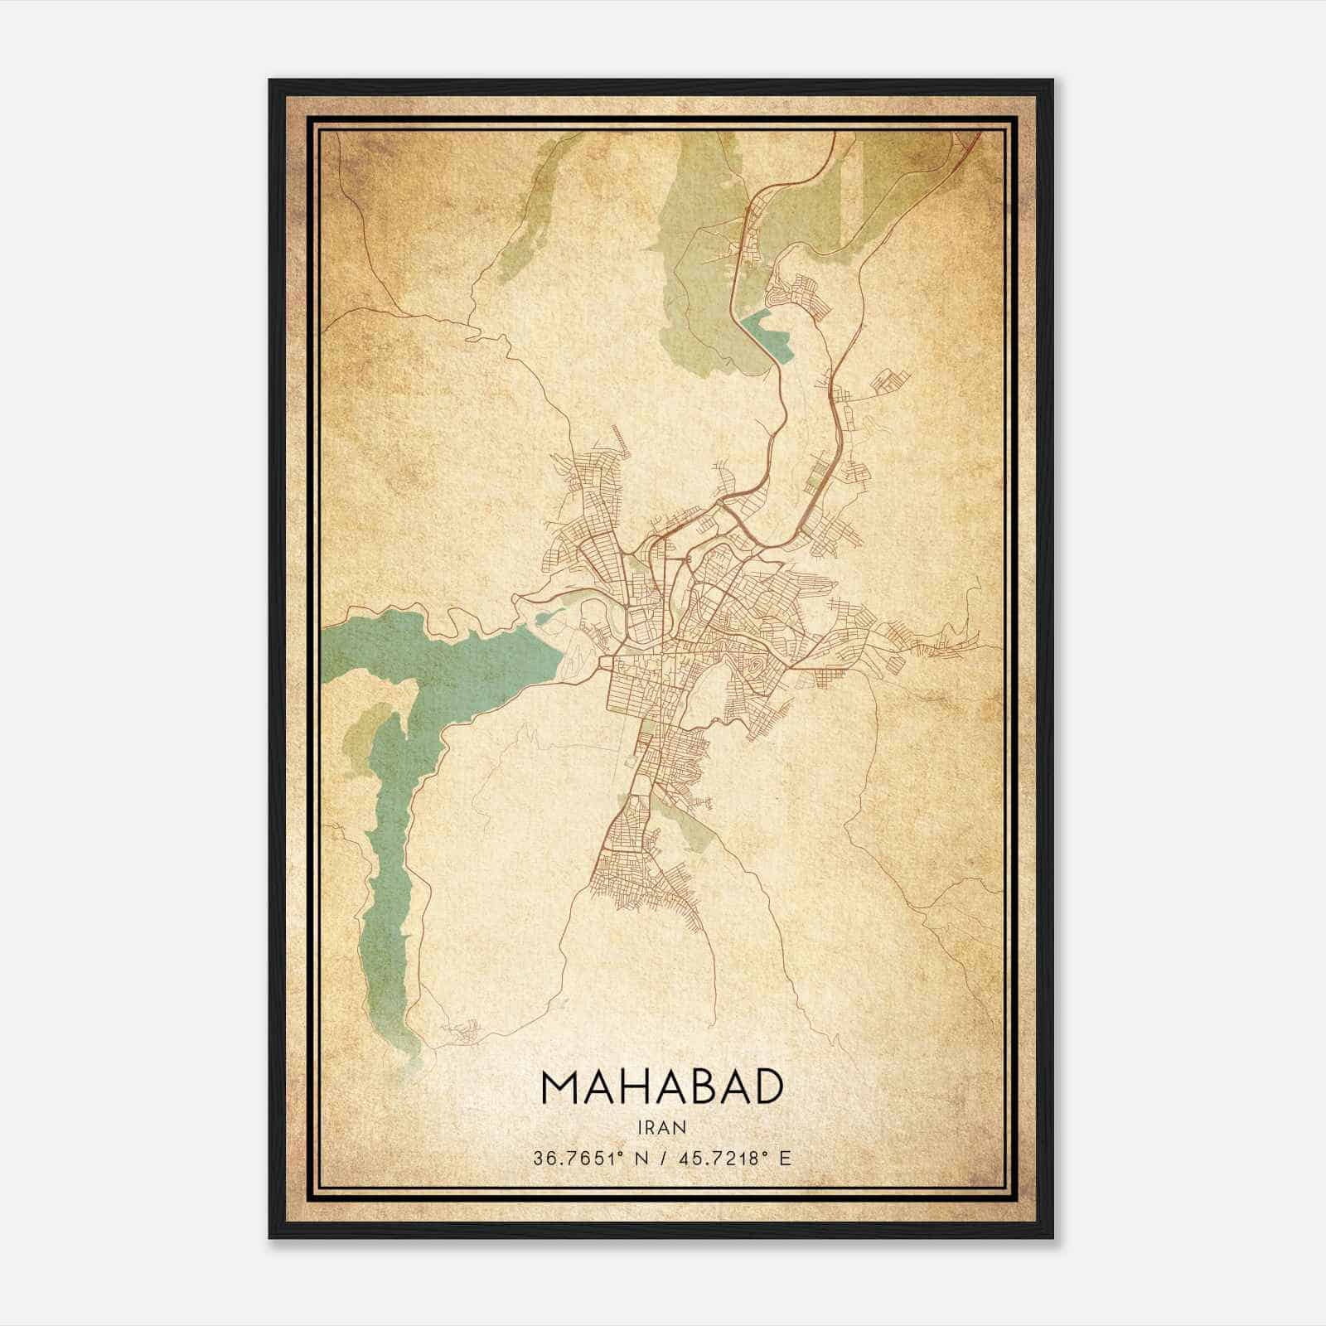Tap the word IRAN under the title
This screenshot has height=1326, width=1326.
tap(661, 1127)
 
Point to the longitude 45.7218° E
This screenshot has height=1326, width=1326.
tap(734, 1158)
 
